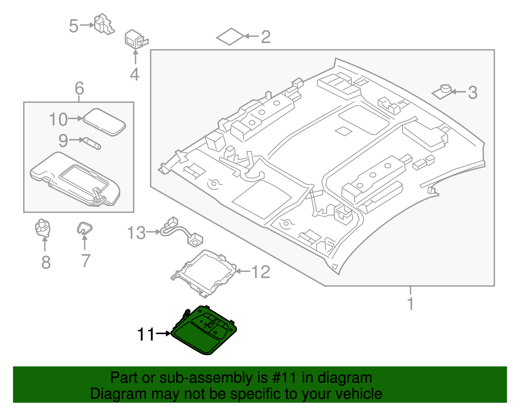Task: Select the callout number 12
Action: pos(261,272)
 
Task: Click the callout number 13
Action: pos(136,233)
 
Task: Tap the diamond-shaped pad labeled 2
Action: pos(230,36)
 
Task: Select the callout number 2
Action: pos(266,37)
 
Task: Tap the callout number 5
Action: pos(73,26)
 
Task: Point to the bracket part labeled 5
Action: pos(103,24)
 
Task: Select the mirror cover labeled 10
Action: pos(104,122)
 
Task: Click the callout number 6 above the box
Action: pos(79,88)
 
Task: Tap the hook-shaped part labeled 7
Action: pos(84,228)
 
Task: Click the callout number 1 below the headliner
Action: pos(410,303)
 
